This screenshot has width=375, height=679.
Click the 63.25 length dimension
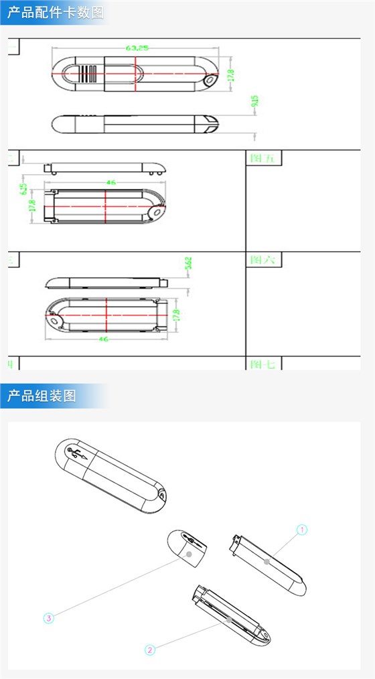pyautogui.click(x=137, y=48)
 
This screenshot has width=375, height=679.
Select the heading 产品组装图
pyautogui.click(x=42, y=396)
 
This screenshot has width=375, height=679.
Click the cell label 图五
pyautogui.click(x=262, y=158)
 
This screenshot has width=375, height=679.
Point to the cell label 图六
pyautogui.click(x=262, y=260)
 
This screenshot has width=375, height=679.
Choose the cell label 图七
pyautogui.click(x=262, y=364)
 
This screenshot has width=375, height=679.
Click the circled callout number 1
pyautogui.click(x=302, y=530)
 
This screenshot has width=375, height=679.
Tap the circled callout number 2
pyautogui.click(x=150, y=649)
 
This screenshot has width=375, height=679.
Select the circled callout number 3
pyautogui.click(x=48, y=618)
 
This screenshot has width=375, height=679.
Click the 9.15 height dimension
pyautogui.click(x=254, y=102)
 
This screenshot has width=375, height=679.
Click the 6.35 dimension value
pyautogui.click(x=23, y=190)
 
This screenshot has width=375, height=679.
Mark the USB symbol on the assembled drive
pyautogui.click(x=77, y=455)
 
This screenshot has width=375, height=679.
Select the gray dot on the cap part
pyautogui.click(x=190, y=554)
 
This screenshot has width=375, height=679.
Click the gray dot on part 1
pyautogui.click(x=267, y=562)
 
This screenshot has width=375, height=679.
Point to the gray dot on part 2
pyautogui.click(x=230, y=620)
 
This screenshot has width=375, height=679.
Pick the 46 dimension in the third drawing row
pyautogui.click(x=104, y=339)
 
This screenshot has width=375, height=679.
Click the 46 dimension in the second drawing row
pyautogui.click(x=110, y=182)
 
